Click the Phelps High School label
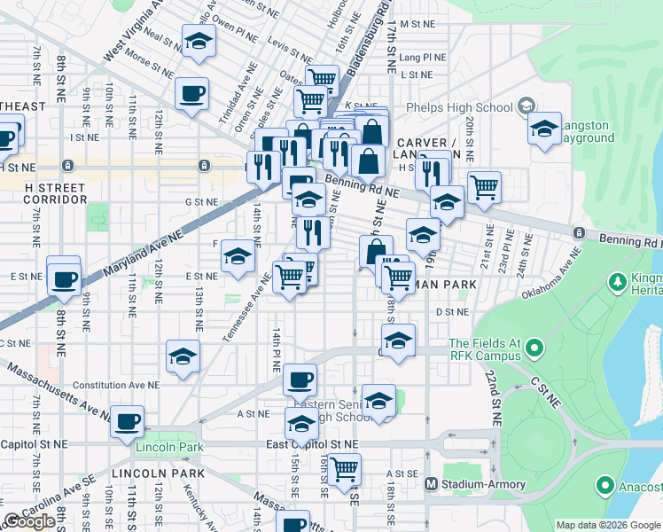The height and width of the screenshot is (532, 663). pos(459,108)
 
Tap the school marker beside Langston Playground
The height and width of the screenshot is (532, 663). pos(545,129)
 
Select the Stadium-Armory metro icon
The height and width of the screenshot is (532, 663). pos(432,484)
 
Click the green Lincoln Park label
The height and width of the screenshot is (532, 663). pos(169,447)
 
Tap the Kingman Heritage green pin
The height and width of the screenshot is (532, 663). pos(617,281)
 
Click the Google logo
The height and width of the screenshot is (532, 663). pos(30,521)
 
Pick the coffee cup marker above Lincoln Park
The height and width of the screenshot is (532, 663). pos(127,420)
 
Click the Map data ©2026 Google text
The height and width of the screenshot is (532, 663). pos(607,525)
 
